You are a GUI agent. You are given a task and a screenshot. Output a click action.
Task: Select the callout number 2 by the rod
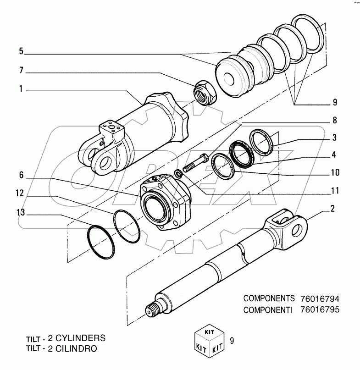coord(332,209)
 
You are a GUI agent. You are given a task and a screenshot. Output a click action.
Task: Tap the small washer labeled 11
coord(178,173)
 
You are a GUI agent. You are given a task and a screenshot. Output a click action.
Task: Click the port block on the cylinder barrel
coord(110,126)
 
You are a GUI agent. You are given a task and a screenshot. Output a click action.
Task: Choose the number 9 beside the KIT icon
coord(232,340)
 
